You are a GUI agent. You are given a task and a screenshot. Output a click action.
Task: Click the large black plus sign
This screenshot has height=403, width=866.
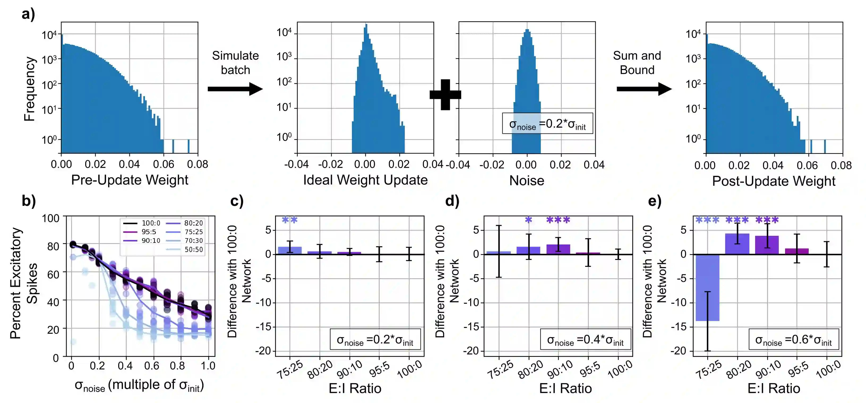[x=445, y=95]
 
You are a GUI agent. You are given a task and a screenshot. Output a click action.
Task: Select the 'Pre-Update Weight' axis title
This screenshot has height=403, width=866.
[x=130, y=180]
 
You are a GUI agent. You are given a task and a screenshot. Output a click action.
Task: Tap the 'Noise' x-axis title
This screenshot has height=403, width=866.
[x=526, y=181]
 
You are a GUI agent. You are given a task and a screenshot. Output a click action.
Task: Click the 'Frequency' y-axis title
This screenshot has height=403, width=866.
[x=29, y=89]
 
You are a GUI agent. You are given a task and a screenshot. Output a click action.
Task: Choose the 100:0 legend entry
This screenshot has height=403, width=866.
[x=141, y=223]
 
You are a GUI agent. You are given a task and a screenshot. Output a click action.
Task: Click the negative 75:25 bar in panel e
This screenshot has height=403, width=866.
[x=707, y=288]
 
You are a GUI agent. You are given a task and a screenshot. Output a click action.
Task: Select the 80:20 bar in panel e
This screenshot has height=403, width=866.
[x=737, y=244]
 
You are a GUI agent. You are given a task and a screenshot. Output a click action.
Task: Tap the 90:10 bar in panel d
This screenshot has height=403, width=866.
[x=558, y=249]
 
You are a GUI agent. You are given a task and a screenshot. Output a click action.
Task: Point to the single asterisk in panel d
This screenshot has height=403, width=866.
[x=529, y=220]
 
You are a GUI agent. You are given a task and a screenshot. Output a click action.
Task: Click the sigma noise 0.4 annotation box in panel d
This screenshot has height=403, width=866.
[x=585, y=340]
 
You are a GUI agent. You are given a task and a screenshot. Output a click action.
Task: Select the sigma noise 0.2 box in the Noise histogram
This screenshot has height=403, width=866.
[x=547, y=124]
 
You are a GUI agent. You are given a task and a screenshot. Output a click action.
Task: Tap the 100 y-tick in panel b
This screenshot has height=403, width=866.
[x=50, y=219]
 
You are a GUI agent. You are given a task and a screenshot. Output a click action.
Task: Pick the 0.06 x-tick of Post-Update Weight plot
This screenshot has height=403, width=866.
[x=807, y=165]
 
